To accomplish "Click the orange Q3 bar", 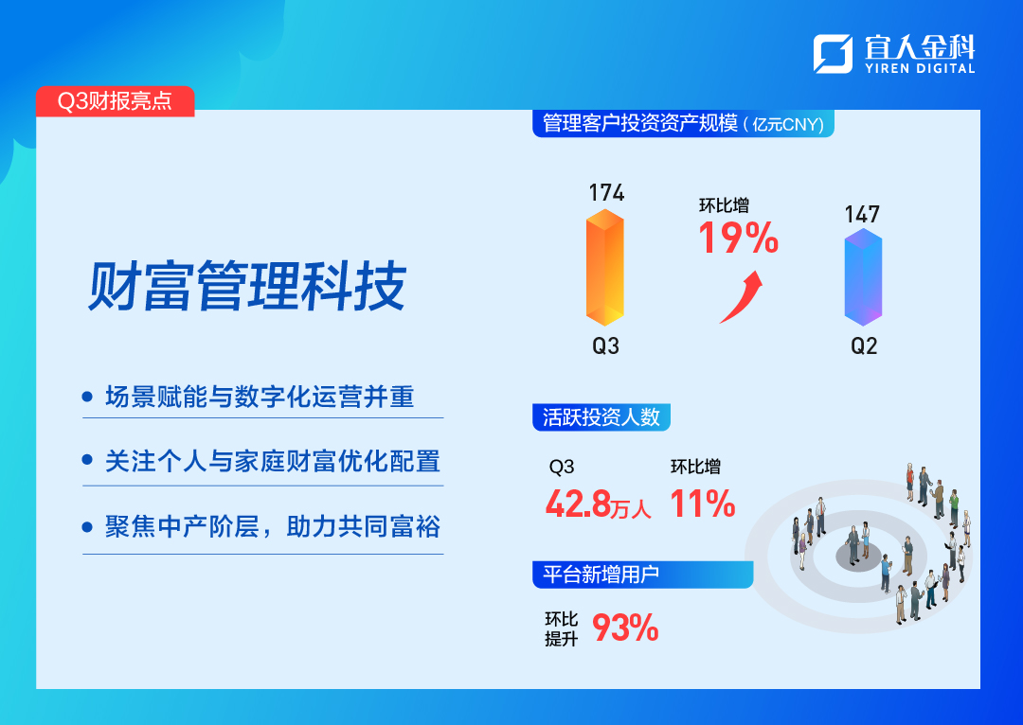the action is click(604, 267).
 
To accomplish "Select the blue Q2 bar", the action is click(863, 277).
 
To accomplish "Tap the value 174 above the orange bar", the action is click(606, 193).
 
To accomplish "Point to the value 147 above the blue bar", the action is click(862, 215).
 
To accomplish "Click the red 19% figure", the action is click(739, 238).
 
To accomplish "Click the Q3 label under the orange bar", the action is click(605, 345).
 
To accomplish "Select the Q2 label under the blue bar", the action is click(864, 345).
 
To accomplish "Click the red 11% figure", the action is click(703, 504).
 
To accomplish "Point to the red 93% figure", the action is click(625, 628).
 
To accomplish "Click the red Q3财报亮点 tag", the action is click(115, 101).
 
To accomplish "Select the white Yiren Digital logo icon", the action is click(833, 53).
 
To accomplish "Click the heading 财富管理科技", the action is click(247, 286).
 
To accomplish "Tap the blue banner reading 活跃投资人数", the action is click(601, 417).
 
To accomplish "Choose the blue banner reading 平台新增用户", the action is click(642, 575).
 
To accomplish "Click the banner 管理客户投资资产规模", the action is click(683, 123).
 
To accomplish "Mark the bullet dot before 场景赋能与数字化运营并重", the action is click(87, 397).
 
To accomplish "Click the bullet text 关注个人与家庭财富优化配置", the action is click(273, 462).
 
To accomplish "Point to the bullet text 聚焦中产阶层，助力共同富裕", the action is click(273, 527).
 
